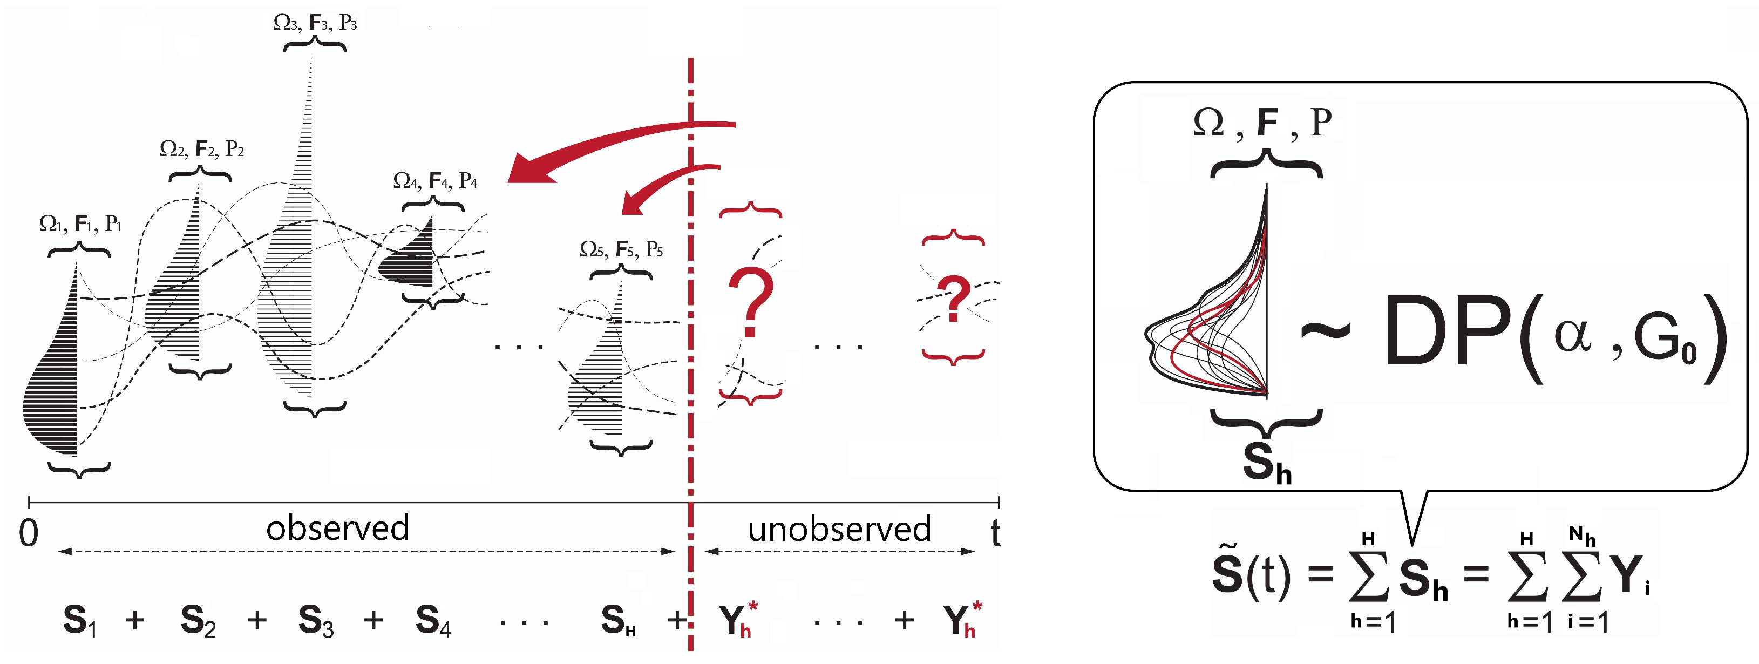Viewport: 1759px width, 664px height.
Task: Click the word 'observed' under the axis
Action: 337,528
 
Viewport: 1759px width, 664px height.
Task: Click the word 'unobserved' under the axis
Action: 839,529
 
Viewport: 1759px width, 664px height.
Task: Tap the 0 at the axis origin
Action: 29,533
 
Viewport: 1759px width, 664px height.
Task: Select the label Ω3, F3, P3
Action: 315,23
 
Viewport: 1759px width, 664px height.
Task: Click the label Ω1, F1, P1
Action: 80,223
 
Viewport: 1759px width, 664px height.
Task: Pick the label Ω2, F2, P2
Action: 201,148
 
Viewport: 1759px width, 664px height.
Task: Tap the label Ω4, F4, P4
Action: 435,180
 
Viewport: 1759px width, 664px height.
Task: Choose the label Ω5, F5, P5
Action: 621,249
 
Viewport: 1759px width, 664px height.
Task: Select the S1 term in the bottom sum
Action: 79,620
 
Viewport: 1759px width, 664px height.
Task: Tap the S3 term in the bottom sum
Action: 315,620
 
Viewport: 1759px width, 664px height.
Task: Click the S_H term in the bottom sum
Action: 618,620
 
